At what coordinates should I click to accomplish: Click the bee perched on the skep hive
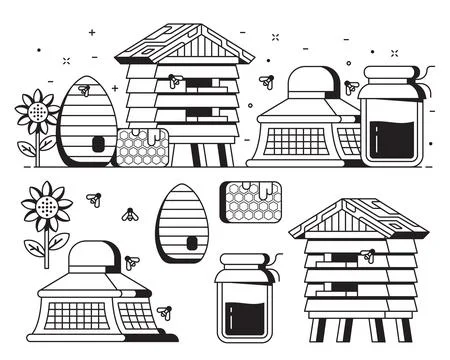pyautogui.click(x=84, y=91)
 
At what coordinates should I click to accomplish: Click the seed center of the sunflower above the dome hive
pyautogui.click(x=45, y=207)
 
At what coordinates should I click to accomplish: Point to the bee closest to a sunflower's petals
pyautogui.click(x=93, y=200)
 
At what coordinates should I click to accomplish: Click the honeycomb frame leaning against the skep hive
pyautogui.click(x=140, y=146)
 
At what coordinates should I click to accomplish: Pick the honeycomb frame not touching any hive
pyautogui.click(x=251, y=200)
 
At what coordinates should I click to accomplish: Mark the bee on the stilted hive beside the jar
pyautogui.click(x=368, y=256)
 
